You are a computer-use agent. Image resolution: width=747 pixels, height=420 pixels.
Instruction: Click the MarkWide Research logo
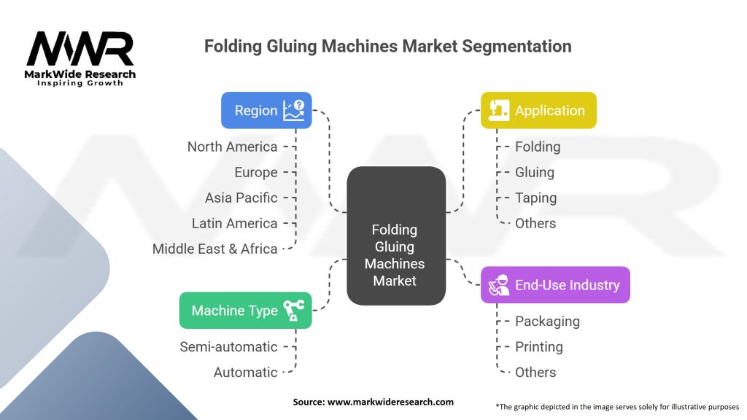tap(80, 58)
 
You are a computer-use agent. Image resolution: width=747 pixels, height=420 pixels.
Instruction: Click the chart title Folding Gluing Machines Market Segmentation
tap(387, 46)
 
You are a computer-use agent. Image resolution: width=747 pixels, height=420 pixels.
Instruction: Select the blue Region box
tap(266, 111)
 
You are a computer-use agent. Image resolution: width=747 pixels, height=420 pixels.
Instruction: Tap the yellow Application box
tap(538, 111)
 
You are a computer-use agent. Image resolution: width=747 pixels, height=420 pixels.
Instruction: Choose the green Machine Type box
tap(245, 311)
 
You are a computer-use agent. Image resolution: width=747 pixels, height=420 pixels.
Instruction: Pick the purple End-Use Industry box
tap(555, 285)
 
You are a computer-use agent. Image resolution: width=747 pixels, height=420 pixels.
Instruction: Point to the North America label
tap(232, 147)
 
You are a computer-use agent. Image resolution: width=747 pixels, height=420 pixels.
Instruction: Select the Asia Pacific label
tap(241, 198)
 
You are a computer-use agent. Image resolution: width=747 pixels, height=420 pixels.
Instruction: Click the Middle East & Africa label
tap(214, 249)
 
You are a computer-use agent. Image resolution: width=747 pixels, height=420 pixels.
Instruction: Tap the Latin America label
tap(234, 223)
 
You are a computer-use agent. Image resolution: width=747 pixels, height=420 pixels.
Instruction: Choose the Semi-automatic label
tap(228, 346)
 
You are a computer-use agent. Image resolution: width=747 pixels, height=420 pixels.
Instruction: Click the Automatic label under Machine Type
tap(245, 372)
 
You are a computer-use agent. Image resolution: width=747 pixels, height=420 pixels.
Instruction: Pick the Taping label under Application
tap(535, 198)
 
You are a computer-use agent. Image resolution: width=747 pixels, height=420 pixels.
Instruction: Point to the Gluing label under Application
tap(535, 172)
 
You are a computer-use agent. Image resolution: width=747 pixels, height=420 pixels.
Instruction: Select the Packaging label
tap(547, 321)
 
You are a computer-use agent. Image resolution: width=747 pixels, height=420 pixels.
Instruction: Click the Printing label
tap(538, 346)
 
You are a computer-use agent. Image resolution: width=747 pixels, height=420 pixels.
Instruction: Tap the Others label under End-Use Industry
tap(535, 372)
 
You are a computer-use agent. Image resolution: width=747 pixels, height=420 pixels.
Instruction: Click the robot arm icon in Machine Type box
tap(294, 311)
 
